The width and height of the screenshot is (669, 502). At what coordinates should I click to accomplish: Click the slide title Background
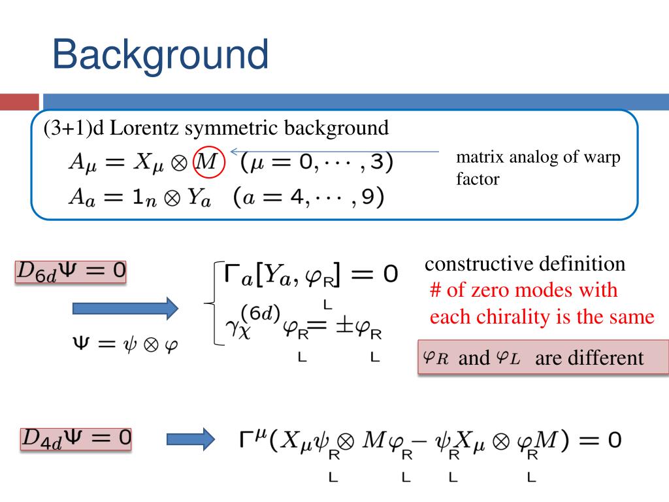(x=160, y=54)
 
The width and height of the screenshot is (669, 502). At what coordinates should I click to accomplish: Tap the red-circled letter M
(x=208, y=162)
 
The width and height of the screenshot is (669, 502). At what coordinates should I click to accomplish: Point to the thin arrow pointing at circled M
(x=333, y=152)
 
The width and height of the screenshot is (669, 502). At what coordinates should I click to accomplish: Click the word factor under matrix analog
(x=477, y=178)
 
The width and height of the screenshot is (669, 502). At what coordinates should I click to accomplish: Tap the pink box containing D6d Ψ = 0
(x=70, y=271)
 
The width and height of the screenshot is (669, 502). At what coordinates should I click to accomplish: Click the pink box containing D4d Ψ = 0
(x=76, y=439)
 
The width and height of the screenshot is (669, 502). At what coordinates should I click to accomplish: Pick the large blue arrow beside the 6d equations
(x=124, y=307)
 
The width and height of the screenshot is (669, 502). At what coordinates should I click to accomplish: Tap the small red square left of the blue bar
(x=19, y=102)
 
